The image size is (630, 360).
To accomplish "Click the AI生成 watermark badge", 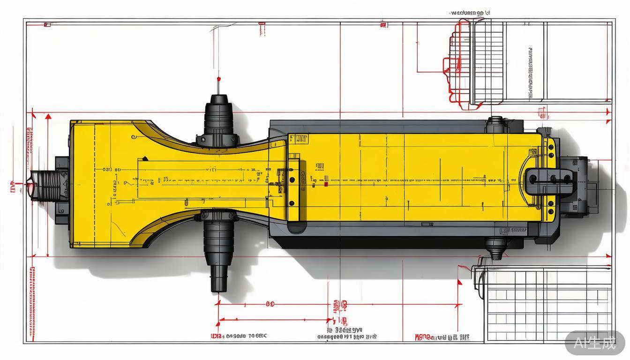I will [x=595, y=343].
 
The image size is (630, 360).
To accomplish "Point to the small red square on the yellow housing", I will [x=326, y=184].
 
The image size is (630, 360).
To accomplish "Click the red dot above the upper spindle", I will [x=219, y=78].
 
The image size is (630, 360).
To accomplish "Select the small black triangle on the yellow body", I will [x=145, y=158].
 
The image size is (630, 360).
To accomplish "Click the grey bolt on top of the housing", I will [x=495, y=124].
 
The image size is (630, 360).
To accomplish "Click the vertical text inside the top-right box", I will [x=531, y=73].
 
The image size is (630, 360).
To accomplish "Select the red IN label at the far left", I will [x=13, y=188].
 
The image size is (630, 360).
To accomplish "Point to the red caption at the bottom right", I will [x=442, y=337].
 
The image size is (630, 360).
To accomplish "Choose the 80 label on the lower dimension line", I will [x=270, y=304].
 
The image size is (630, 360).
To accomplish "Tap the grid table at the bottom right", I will [x=548, y=305].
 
